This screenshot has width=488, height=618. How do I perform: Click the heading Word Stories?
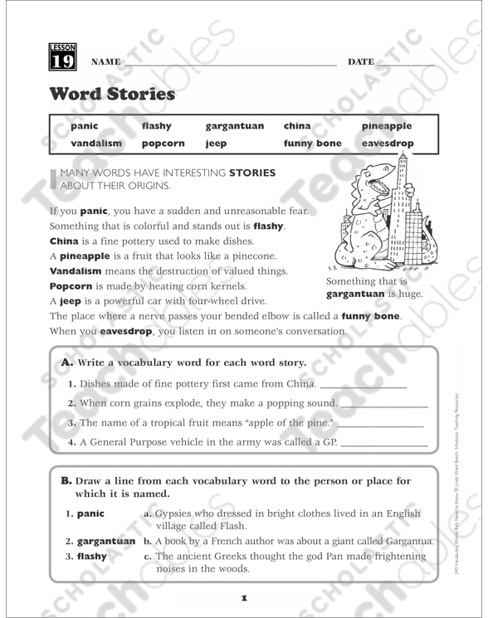click(112, 94)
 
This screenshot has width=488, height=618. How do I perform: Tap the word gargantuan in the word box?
click(234, 126)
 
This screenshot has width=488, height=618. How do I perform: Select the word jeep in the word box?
click(216, 143)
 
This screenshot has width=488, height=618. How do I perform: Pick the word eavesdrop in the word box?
click(386, 143)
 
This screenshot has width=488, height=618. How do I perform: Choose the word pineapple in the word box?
click(386, 126)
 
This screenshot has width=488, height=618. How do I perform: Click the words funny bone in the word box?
click(312, 143)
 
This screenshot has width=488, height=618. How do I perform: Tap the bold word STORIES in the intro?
click(252, 173)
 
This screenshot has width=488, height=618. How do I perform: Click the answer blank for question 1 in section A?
click(363, 386)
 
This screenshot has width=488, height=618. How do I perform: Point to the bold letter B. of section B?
click(66, 480)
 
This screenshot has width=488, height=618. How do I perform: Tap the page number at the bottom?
click(244, 596)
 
